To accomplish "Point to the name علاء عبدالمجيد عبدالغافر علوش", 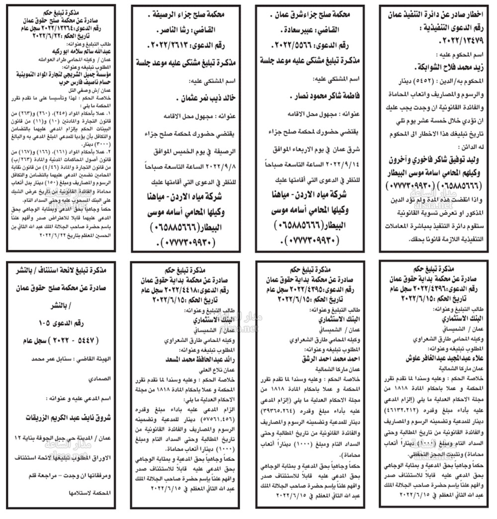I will (x=435, y=359).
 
